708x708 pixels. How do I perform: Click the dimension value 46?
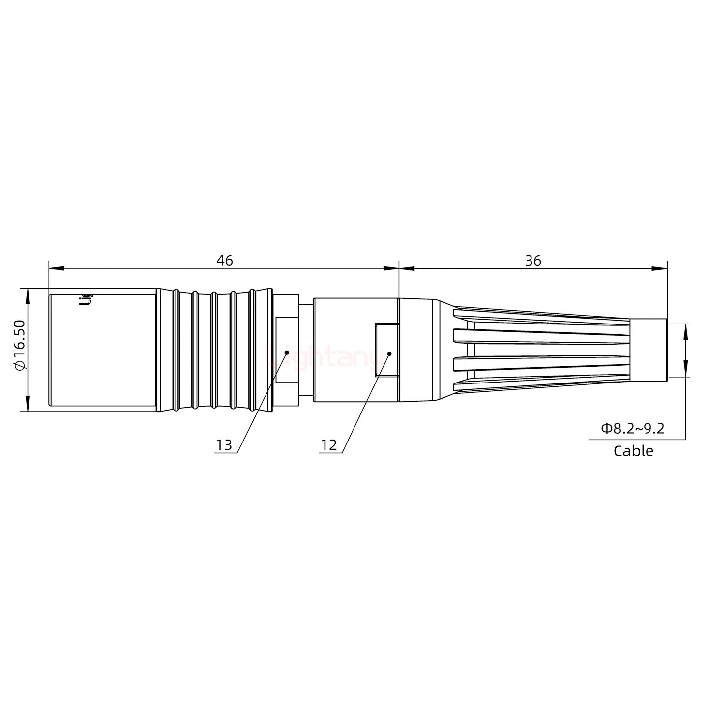[x=225, y=261]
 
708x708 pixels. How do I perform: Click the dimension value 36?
[x=533, y=261]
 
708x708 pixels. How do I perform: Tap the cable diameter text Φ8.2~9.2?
[x=633, y=428]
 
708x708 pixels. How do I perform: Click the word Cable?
[x=633, y=451]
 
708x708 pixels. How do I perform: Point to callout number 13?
[x=224, y=445]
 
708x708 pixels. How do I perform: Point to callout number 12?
[x=329, y=445]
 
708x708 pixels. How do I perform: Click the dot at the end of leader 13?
[x=287, y=352]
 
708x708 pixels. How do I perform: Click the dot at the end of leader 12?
[x=389, y=354]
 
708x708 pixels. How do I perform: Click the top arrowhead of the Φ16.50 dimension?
[x=28, y=295]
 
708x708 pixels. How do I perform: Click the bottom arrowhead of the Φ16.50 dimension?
[x=28, y=404]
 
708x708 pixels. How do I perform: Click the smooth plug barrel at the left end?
[x=102, y=350]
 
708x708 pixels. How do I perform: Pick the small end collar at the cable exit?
[x=648, y=350]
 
